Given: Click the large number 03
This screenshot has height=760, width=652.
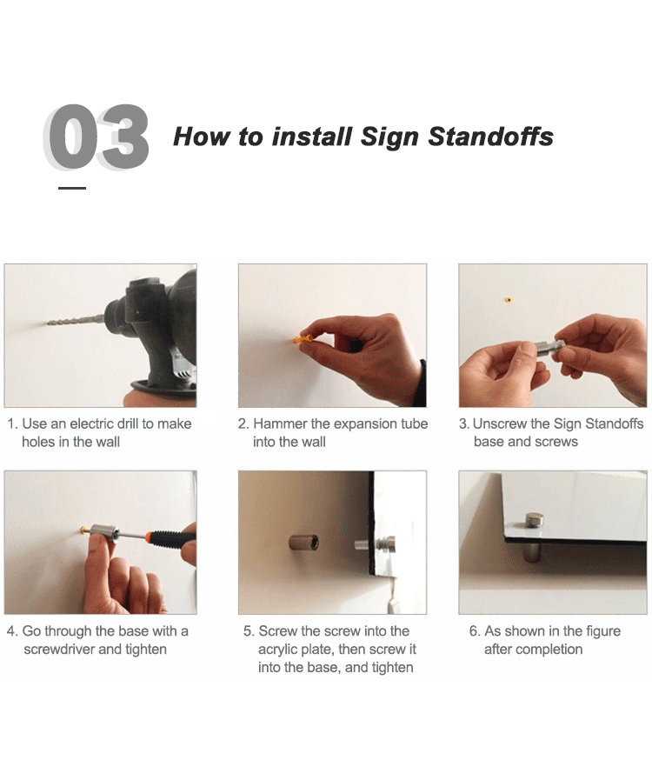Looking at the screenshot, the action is tap(96, 137).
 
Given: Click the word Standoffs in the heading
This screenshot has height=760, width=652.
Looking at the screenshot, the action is tap(490, 137).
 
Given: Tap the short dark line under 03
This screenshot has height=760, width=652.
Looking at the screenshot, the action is tap(72, 188).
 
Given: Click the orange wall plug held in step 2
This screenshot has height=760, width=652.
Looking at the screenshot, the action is tap(302, 339).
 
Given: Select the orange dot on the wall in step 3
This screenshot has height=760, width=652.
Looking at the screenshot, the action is tap(509, 300).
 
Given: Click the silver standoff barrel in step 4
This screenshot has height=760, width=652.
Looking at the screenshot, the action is tap(103, 533).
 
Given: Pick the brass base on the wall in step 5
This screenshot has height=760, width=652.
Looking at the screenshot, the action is tap(304, 542).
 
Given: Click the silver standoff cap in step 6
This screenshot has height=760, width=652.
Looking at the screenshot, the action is tap(534, 521).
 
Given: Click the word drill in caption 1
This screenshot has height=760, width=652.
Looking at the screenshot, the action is tap(128, 423).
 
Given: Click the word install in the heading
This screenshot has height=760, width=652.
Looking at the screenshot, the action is tap(312, 137).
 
